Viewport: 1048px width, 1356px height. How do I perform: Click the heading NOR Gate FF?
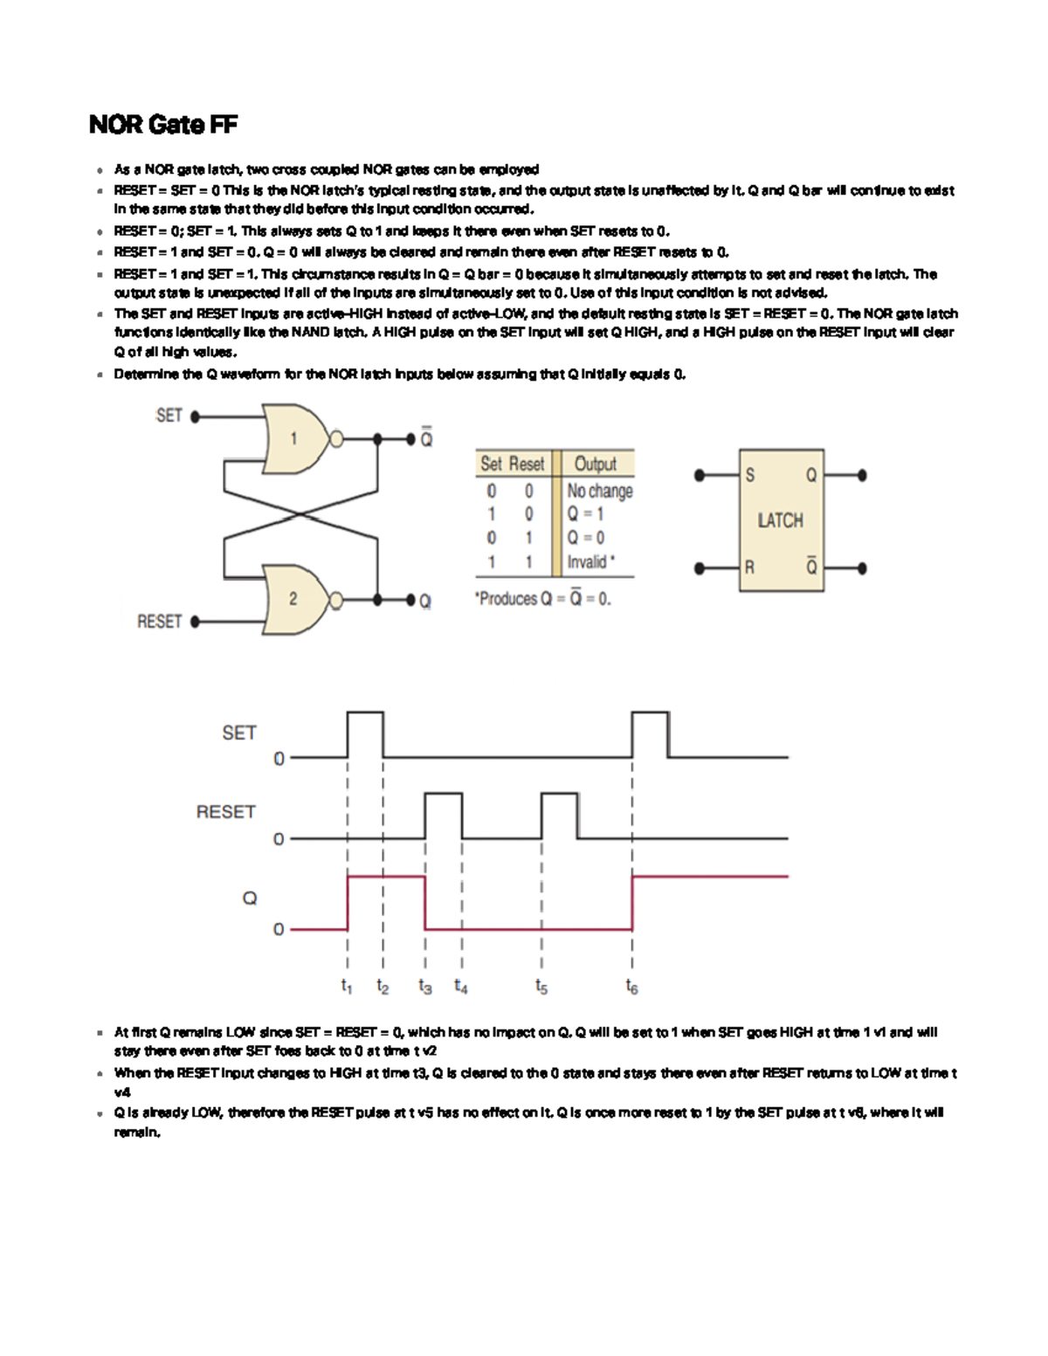(x=163, y=125)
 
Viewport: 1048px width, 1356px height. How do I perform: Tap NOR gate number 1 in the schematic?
(x=293, y=438)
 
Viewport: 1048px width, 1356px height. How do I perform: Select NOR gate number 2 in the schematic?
(x=293, y=599)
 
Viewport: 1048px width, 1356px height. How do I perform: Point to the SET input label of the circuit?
(x=169, y=416)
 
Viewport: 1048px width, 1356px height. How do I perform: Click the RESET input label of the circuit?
(x=159, y=622)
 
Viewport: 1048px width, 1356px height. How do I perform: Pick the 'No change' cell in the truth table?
(x=600, y=491)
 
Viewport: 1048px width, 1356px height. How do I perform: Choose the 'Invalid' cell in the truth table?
(x=590, y=561)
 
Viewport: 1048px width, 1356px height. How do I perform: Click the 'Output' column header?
(x=595, y=464)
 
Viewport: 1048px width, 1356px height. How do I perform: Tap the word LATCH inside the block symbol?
(x=780, y=520)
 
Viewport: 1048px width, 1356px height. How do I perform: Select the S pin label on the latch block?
(x=749, y=476)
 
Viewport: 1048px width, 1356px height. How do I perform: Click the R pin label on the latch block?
(x=749, y=568)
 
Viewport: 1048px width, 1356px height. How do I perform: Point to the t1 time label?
(x=347, y=987)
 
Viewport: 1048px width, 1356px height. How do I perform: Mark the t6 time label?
(x=631, y=987)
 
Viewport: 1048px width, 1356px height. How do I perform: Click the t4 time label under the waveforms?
(x=460, y=987)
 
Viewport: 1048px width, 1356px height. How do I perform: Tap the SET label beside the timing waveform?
(x=238, y=733)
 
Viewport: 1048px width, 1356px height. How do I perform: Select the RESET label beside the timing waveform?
(x=225, y=812)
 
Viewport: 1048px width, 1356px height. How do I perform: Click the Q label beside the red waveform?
(x=250, y=898)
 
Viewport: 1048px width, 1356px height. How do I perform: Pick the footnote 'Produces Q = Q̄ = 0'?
(x=542, y=599)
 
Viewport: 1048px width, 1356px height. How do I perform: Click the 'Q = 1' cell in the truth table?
(x=585, y=514)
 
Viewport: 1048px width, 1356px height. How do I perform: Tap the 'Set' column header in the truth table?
(x=491, y=464)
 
